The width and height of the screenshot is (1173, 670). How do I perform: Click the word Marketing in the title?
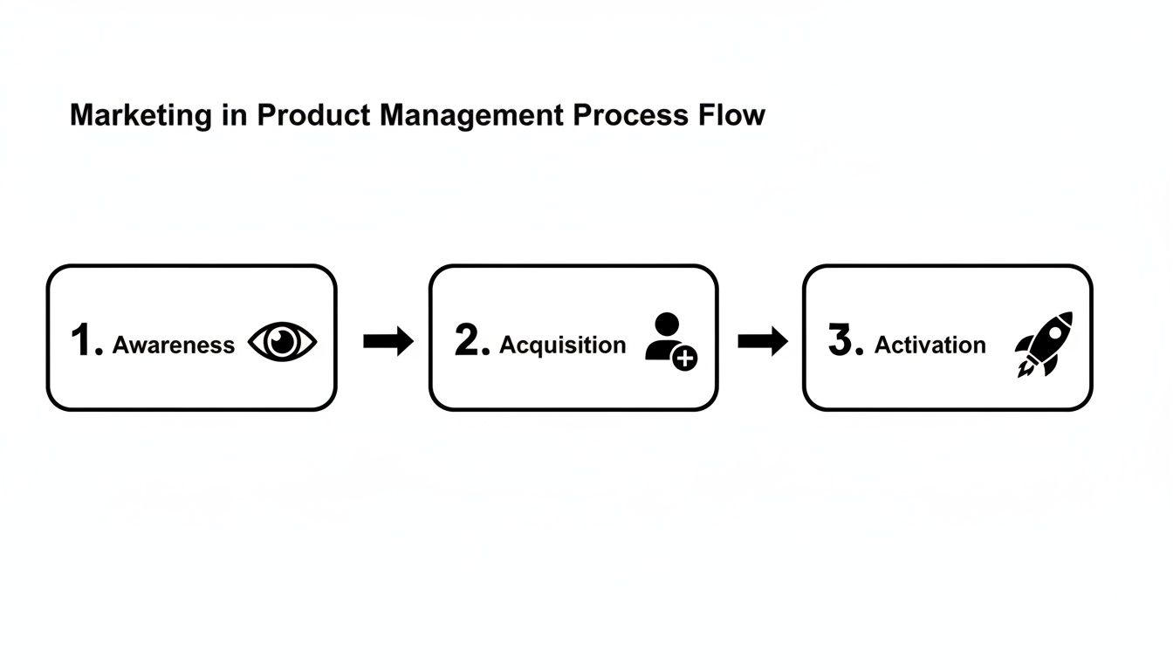(x=140, y=116)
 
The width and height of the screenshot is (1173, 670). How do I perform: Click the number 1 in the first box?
(x=84, y=340)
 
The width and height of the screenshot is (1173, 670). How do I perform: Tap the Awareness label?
(x=174, y=345)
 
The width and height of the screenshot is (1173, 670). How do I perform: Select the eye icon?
(x=282, y=342)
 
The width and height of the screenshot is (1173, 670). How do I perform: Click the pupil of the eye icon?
(x=282, y=342)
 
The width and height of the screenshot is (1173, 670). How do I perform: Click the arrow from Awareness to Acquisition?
(x=388, y=342)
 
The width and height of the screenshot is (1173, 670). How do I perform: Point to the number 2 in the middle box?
(x=469, y=340)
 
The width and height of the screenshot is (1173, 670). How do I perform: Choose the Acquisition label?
(x=562, y=345)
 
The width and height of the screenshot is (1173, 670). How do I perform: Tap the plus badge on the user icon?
(x=685, y=358)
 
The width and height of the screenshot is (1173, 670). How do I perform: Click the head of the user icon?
(x=665, y=325)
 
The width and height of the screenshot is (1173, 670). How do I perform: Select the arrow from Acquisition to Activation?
(x=762, y=342)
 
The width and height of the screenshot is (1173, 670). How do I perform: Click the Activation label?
(x=929, y=345)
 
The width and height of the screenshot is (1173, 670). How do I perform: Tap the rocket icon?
(x=1044, y=344)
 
